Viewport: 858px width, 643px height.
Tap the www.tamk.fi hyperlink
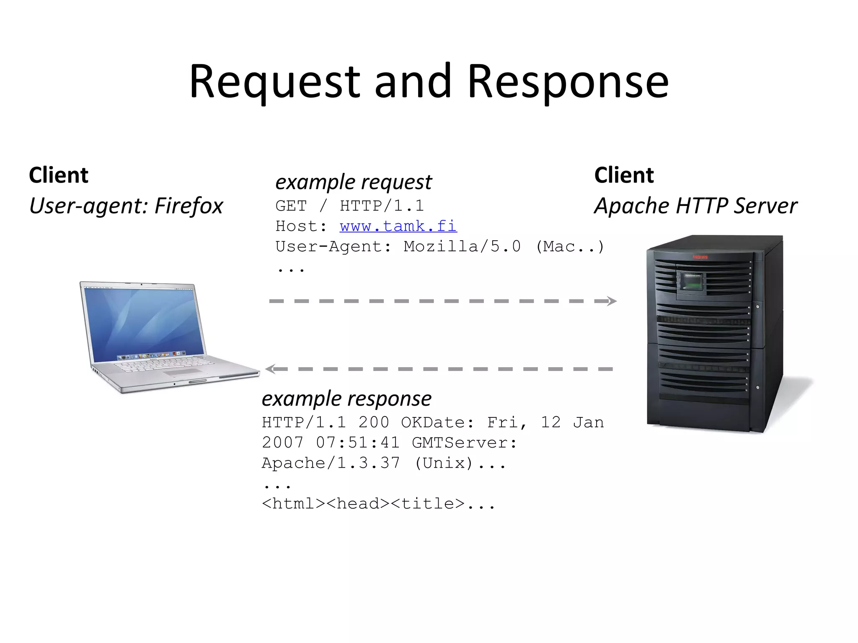[398, 226]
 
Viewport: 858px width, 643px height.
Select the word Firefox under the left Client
[189, 206]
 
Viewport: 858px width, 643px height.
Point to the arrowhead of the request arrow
[612, 301]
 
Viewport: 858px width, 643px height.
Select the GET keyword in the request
[291, 206]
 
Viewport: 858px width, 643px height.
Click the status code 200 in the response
[374, 422]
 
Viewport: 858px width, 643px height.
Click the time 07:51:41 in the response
[358, 442]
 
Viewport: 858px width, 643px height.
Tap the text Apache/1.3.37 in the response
[331, 463]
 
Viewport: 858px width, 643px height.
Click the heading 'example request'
[353, 182]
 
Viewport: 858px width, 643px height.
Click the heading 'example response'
[346, 399]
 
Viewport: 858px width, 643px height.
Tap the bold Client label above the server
[624, 175]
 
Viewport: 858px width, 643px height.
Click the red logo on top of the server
[700, 257]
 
